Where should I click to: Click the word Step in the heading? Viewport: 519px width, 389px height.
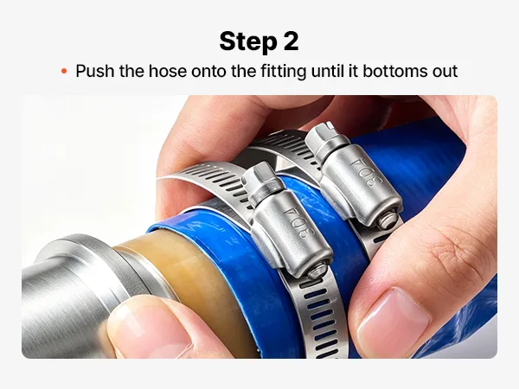[248, 42]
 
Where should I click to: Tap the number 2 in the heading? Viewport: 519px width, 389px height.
[291, 41]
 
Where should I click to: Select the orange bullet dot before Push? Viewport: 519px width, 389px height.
[64, 71]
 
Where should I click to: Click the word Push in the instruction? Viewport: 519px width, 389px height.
[95, 71]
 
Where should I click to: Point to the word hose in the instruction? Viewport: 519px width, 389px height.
[168, 71]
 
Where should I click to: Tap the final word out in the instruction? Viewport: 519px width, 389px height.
[443, 72]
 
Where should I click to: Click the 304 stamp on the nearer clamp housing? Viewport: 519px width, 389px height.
[292, 221]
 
